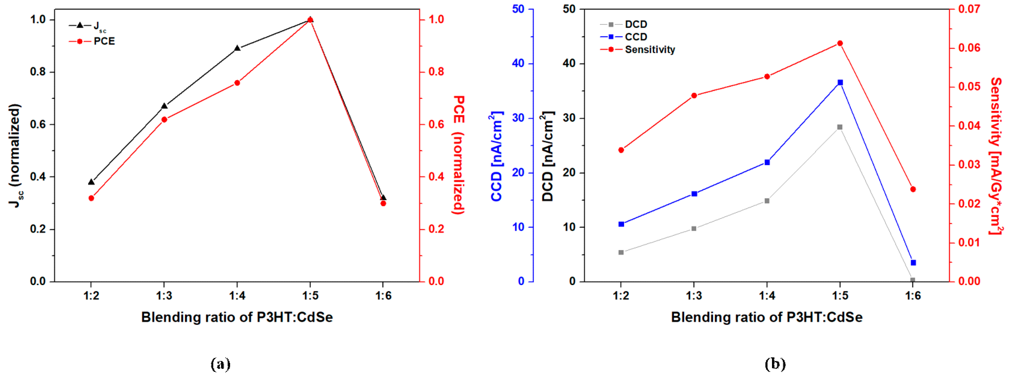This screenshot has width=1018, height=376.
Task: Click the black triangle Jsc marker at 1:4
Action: point(237,48)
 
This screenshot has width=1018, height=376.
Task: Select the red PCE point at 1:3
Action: point(164,120)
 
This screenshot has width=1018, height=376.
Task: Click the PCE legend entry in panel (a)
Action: point(103,41)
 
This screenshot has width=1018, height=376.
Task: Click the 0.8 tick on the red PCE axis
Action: point(436,72)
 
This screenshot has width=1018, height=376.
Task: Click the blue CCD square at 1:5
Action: point(840,82)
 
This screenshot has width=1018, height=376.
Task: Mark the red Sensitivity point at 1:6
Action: point(913,190)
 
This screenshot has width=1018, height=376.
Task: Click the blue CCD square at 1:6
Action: point(913,263)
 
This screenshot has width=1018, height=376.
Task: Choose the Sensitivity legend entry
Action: point(649,50)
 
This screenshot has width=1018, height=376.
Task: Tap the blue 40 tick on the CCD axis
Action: point(518,63)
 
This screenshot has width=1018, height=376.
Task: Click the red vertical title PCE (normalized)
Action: point(459,155)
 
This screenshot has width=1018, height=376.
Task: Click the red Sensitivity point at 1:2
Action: point(621,150)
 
